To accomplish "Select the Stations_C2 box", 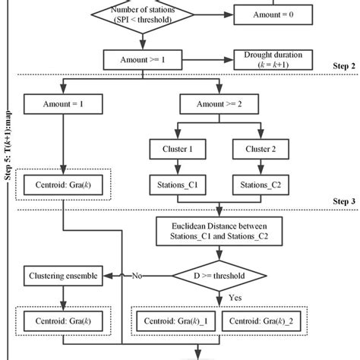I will coord(262,183).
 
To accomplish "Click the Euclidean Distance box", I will coord(221,230).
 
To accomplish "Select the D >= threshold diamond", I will coord(221,276).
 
